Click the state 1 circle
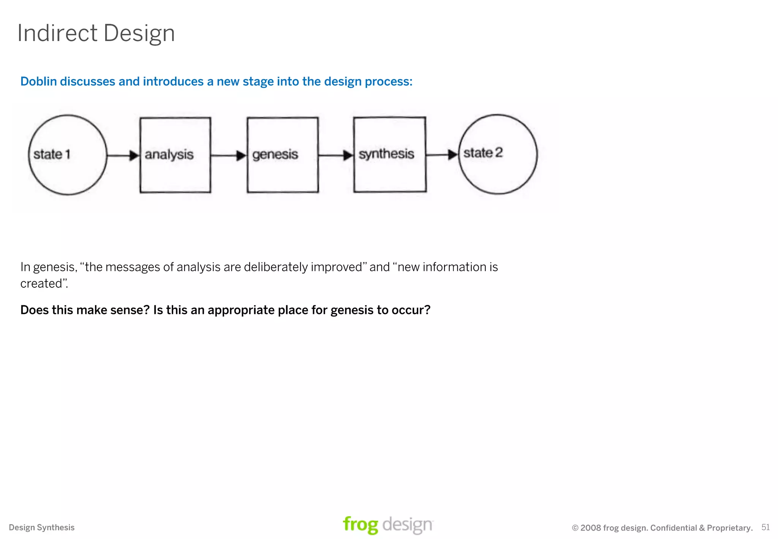point(68,155)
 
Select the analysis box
point(175,155)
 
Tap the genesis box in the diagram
point(283,155)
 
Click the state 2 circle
point(498,154)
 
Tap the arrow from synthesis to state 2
point(442,155)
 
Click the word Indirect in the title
point(57,33)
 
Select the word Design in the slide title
point(139,33)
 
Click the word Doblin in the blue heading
point(38,81)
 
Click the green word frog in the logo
point(360,525)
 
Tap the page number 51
point(765,527)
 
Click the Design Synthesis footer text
point(42,528)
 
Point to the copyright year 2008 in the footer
point(591,528)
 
